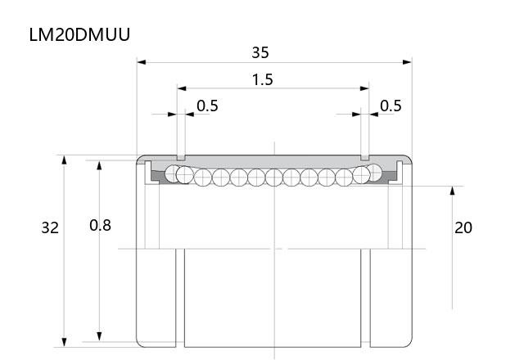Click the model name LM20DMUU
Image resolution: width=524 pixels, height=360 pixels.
click(79, 34)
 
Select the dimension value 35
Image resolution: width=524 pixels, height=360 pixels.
click(260, 52)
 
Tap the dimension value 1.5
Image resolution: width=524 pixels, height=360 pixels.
click(262, 80)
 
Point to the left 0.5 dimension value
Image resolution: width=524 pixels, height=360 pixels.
click(207, 106)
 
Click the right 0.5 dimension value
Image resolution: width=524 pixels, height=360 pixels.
click(391, 106)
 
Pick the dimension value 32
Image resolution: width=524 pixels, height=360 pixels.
click(50, 227)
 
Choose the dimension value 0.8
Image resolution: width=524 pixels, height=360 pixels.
click(100, 226)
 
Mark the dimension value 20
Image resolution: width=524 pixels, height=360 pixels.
click(463, 227)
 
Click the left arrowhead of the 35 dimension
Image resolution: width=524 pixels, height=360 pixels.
click(142, 62)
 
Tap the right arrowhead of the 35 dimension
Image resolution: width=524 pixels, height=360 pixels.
click(407, 62)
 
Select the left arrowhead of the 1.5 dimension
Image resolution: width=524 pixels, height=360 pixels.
click(182, 88)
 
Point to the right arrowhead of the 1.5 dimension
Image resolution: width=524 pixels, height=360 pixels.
click(364, 88)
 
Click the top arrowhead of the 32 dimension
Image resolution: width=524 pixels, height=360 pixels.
click(64, 160)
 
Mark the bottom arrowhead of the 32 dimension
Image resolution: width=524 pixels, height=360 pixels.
click(64, 342)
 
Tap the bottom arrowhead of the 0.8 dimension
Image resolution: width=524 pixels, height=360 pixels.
click(99, 336)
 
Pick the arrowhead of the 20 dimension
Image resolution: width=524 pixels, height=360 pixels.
click(452, 191)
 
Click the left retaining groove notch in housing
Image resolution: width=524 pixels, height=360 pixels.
click(181, 157)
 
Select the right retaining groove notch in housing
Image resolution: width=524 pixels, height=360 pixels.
click(365, 157)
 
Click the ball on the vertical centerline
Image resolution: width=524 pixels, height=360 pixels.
click(274, 178)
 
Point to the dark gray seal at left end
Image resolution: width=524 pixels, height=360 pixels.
click(158, 177)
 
